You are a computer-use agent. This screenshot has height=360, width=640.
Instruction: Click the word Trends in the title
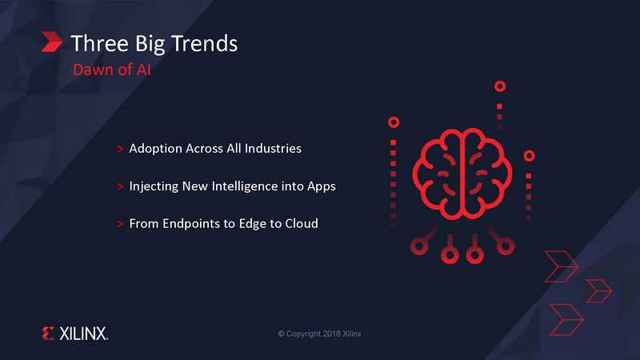(204, 43)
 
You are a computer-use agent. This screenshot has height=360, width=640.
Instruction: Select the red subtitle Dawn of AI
(112, 70)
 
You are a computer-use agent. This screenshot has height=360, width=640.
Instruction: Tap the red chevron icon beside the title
(52, 42)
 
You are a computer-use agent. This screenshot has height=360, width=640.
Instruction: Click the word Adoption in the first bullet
(155, 149)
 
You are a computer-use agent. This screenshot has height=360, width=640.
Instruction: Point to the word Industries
(273, 148)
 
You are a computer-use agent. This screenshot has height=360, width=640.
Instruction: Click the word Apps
(322, 186)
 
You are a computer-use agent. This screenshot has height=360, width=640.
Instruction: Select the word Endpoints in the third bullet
(193, 224)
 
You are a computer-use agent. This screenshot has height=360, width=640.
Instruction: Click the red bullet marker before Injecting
(120, 186)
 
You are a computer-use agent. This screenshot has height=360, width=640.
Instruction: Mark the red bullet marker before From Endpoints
(120, 224)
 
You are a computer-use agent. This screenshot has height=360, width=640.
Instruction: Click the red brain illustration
(462, 174)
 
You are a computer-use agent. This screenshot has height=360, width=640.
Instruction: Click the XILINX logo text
(84, 334)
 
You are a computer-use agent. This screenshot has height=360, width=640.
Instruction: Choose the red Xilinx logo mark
(48, 334)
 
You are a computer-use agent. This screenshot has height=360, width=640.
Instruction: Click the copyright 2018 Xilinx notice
(319, 334)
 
